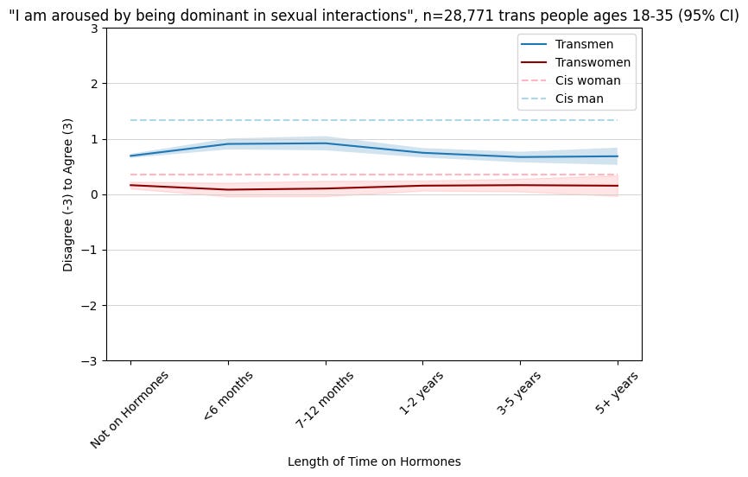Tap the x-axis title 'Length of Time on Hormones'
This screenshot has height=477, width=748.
tap(373, 461)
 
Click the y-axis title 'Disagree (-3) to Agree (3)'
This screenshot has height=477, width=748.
tap(68, 194)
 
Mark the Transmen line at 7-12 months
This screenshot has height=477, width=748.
tap(325, 143)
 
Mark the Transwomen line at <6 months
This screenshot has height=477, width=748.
tap(227, 190)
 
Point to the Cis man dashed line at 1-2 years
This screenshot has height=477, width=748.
tap(422, 120)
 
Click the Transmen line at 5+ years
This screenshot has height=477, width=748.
tap(617, 156)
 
